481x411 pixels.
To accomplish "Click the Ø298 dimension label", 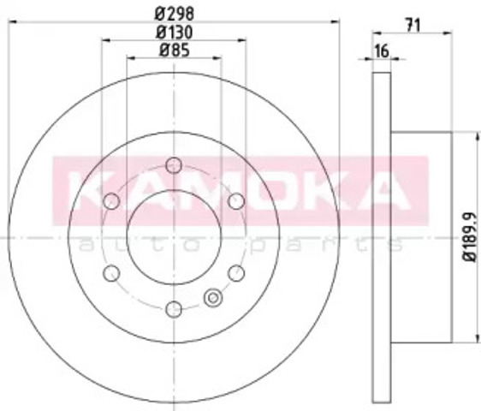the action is point(175,14).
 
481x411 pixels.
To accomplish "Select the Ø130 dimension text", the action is point(175,32).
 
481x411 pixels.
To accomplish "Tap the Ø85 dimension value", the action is point(175,50).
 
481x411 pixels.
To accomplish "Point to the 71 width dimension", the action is point(413,25).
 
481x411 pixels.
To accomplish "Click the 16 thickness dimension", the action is point(382,51).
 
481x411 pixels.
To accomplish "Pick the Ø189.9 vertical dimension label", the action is point(470,236).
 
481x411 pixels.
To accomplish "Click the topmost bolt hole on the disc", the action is point(174,166).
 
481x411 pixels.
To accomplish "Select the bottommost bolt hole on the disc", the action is point(174,309).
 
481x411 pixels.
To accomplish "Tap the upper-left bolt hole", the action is point(111,201).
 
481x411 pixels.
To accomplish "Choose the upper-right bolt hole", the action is point(236,201).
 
